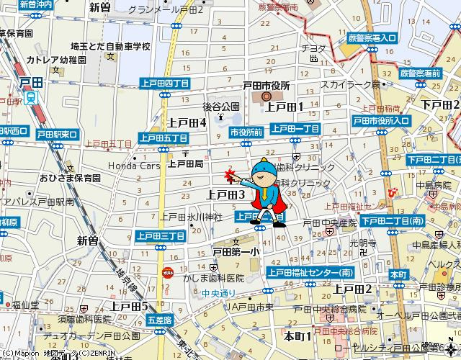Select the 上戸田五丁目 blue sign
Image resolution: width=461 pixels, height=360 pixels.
point(164,138)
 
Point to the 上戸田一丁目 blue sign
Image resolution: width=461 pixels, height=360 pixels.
point(295,128)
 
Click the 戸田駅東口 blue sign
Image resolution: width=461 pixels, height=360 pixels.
point(57,135)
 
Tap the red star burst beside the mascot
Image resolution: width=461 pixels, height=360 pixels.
point(231,176)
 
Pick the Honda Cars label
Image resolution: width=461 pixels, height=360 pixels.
point(133,165)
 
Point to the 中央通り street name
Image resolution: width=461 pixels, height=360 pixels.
point(218,293)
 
